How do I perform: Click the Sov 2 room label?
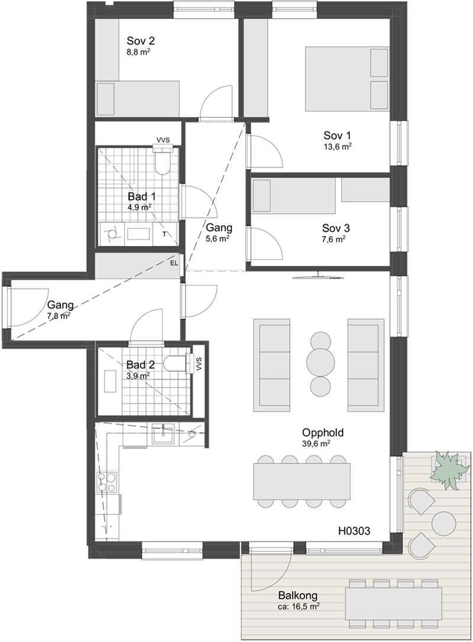[x=141, y=41]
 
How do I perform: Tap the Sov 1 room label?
[x=337, y=135]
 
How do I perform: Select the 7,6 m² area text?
[x=333, y=239]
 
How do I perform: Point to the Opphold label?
[x=323, y=433]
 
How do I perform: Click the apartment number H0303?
[x=354, y=531]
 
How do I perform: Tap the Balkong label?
[x=298, y=596]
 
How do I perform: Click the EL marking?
[x=174, y=263]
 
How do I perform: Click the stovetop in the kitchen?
[x=106, y=482]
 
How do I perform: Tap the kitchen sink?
[x=163, y=434]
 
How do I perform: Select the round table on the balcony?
[x=444, y=523]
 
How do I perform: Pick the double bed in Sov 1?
[x=347, y=79]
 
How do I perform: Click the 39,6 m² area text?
[x=316, y=443]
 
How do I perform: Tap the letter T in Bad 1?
[x=164, y=234]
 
